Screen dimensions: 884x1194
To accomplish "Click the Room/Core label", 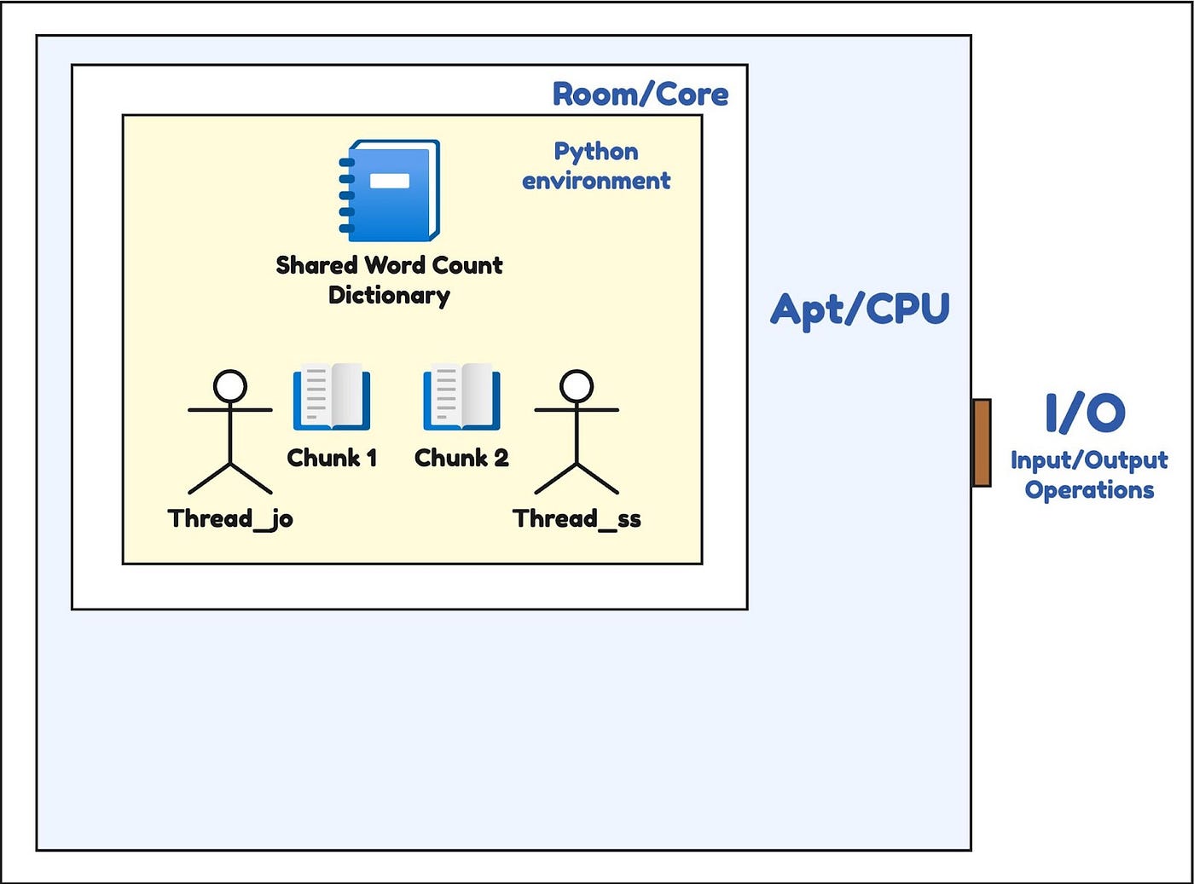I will coord(640,94).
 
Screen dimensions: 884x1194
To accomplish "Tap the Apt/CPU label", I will coord(860,309).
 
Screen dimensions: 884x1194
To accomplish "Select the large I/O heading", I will coord(1085,413).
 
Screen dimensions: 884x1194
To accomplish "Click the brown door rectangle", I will coord(982,442).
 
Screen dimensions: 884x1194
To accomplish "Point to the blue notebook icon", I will coord(390,190).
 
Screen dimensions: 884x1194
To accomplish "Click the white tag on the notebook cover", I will coord(390,180).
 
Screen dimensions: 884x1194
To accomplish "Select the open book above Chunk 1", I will coord(332,396).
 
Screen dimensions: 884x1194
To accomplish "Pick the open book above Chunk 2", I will coord(461,396).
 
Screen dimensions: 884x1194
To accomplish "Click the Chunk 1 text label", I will coord(332,458).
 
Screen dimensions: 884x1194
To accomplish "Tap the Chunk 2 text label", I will coord(461,458).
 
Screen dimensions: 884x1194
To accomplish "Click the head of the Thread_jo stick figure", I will coord(230,386).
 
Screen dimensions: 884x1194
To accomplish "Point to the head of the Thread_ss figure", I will coord(577,386).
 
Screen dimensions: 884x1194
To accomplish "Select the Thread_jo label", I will coord(230,518).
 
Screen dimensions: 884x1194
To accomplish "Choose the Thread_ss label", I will coord(577,518).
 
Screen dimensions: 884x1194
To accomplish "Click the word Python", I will coord(596,152).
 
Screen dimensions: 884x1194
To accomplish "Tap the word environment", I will coord(596,181).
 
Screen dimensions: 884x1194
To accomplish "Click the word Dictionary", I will coord(389,295).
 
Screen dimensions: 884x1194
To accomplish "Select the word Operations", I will coord(1089,490).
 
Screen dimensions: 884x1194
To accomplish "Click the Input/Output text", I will coord(1089,460).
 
